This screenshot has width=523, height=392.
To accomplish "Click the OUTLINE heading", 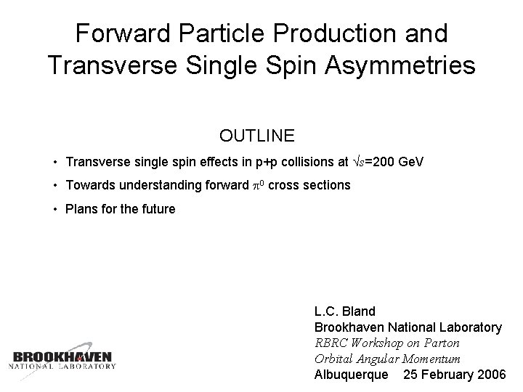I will click(x=256, y=136).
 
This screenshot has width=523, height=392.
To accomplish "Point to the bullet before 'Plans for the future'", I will click(x=56, y=210).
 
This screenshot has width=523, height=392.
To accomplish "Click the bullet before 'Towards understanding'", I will click(x=56, y=186).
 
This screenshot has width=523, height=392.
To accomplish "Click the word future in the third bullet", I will click(x=157, y=209).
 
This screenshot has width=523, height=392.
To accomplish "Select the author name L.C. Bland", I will click(x=345, y=311).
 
